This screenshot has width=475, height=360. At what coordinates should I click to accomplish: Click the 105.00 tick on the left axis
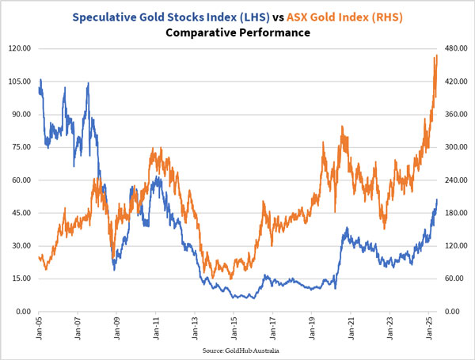click(17, 81)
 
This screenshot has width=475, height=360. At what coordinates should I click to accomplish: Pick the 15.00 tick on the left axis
click(20, 279)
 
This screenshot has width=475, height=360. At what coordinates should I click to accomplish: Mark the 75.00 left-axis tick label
click(20, 147)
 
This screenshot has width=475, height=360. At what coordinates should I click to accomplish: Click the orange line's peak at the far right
click(436, 56)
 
